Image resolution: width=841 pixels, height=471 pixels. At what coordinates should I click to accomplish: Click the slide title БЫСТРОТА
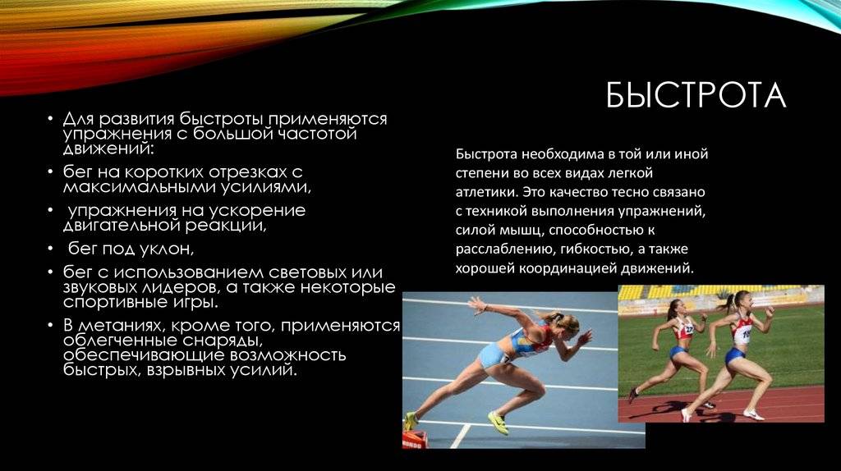pyautogui.click(x=696, y=95)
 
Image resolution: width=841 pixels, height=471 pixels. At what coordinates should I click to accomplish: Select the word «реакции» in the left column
pyautogui.click(x=225, y=226)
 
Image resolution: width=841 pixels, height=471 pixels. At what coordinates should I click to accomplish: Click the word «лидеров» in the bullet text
pyautogui.click(x=178, y=287)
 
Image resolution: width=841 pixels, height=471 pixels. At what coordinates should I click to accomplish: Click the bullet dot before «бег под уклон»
pyautogui.click(x=50, y=249)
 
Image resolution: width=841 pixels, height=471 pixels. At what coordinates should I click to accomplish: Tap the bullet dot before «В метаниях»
pyautogui.click(x=50, y=325)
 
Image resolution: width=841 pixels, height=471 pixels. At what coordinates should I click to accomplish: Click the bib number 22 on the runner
pyautogui.click(x=688, y=330)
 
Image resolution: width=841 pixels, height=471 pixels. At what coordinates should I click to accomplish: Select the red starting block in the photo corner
pyautogui.click(x=412, y=441)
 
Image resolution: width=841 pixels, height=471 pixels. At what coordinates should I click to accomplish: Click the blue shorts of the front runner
pyautogui.click(x=734, y=355)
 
